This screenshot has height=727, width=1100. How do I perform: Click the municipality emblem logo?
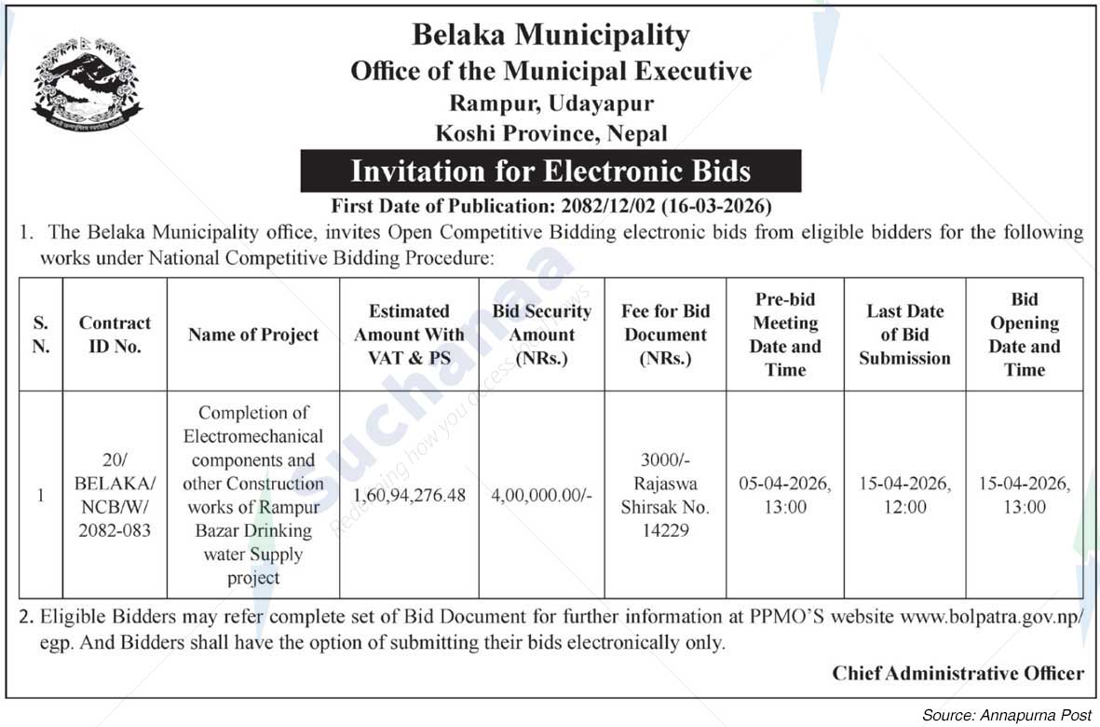pos(87,85)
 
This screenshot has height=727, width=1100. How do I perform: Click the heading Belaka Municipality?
pos(550,35)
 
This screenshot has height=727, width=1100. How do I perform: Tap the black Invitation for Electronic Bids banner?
pos(550,171)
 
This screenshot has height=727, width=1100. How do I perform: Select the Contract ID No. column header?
pos(115,335)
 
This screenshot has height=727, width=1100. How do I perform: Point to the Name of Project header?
pos(253,335)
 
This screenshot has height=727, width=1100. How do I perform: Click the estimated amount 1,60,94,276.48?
pos(409,495)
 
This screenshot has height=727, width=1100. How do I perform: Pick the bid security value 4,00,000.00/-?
pos(541,495)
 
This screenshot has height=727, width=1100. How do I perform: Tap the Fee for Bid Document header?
pos(665,335)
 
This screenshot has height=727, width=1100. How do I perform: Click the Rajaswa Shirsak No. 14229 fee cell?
pos(665,496)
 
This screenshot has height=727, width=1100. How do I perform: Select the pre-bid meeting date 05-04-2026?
pos(784,484)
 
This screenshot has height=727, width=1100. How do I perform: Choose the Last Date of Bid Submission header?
pos(904,335)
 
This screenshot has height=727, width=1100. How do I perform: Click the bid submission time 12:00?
pos(904,508)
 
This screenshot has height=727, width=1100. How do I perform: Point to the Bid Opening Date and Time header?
pos(1024,335)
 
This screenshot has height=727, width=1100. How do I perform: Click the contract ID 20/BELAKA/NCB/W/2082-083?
pos(115,496)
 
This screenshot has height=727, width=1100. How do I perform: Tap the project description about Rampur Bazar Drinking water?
pos(253,495)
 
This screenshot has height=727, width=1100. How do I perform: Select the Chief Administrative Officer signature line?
pos(957,673)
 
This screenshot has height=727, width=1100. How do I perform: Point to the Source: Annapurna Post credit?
pos(1006,715)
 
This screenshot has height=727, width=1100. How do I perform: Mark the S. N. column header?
pos(40,335)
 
